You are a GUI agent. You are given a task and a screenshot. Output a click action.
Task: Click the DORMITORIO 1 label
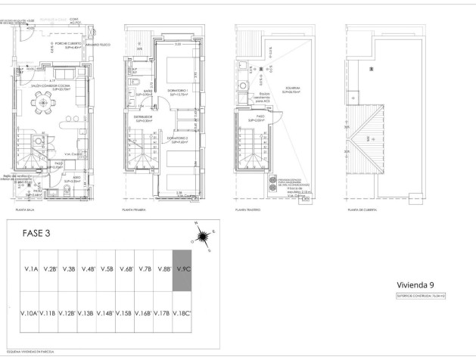click(x=179, y=93)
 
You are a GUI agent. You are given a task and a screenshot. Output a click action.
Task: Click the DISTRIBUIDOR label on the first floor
click(x=144, y=118)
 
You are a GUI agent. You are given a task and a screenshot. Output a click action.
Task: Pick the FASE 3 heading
click(x=36, y=233)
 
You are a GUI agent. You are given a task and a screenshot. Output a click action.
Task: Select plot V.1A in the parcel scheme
click(x=31, y=268)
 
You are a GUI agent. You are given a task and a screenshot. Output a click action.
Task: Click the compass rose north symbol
click(x=202, y=239)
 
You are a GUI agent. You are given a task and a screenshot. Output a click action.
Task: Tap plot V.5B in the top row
click(x=107, y=268)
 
